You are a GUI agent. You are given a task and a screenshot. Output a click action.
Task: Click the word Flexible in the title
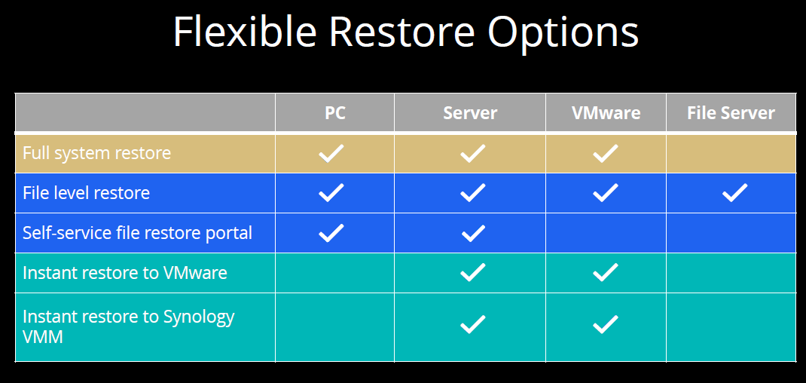(244, 31)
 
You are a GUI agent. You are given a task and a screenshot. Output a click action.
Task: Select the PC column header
(334, 113)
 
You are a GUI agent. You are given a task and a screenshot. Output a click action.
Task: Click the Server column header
(470, 113)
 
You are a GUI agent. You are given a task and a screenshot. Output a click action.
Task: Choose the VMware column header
(606, 113)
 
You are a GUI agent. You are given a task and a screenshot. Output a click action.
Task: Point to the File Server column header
(731, 113)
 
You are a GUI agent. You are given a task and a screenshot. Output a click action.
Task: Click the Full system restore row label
(96, 153)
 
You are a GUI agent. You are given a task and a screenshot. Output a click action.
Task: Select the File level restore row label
(87, 192)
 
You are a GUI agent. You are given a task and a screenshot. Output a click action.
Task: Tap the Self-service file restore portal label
(137, 233)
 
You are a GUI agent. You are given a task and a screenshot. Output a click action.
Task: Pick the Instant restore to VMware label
(125, 272)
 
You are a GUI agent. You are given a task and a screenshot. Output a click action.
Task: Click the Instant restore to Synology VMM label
(129, 326)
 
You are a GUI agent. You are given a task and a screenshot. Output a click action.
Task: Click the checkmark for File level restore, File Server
(734, 192)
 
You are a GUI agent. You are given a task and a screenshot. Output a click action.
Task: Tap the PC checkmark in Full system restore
(331, 153)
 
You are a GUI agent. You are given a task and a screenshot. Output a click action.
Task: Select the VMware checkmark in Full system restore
(605, 153)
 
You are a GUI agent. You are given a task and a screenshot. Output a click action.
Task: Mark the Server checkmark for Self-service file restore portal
(473, 233)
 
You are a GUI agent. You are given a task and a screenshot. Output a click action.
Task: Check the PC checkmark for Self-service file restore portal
(331, 233)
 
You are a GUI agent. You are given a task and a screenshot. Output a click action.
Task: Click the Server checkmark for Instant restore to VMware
(473, 272)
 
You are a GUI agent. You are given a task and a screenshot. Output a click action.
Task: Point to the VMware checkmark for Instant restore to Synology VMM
(605, 323)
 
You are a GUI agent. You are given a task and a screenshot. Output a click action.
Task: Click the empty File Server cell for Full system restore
(731, 154)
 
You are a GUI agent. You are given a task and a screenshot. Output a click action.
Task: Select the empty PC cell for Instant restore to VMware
(334, 273)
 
